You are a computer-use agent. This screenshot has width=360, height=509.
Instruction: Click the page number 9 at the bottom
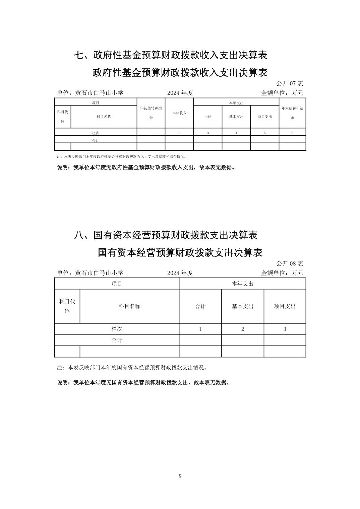tap(180, 476)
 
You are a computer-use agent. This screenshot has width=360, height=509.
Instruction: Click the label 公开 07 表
tap(290, 83)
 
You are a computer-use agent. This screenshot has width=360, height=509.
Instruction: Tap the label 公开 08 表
tap(290, 264)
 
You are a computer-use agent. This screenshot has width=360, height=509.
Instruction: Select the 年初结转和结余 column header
tap(151, 113)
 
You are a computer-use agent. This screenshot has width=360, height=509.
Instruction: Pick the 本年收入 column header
tap(179, 113)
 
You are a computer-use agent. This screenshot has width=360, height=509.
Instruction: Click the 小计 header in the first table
tap(208, 117)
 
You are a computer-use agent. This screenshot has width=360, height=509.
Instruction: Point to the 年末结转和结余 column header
tap(292, 113)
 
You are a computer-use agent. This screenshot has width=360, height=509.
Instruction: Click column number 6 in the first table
tap(292, 133)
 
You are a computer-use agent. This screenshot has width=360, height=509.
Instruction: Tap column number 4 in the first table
tap(236, 133)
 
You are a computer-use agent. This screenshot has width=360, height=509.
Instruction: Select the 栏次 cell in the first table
tap(96, 133)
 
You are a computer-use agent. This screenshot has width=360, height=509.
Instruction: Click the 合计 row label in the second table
tap(117, 340)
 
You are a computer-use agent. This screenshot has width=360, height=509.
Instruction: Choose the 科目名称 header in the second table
tap(129, 306)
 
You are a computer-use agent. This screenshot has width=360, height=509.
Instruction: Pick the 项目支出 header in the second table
tap(285, 306)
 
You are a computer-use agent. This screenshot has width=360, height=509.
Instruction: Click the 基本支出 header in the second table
tap(243, 306)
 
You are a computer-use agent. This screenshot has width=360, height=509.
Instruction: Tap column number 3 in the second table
tap(285, 329)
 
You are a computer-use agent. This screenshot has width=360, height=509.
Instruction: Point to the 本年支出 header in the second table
tap(242, 284)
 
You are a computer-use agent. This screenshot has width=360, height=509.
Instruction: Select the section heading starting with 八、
tap(166, 235)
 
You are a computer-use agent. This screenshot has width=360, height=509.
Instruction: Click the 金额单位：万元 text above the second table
tap(282, 273)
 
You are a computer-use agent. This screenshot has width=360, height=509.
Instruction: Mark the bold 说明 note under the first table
tap(146, 167)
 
